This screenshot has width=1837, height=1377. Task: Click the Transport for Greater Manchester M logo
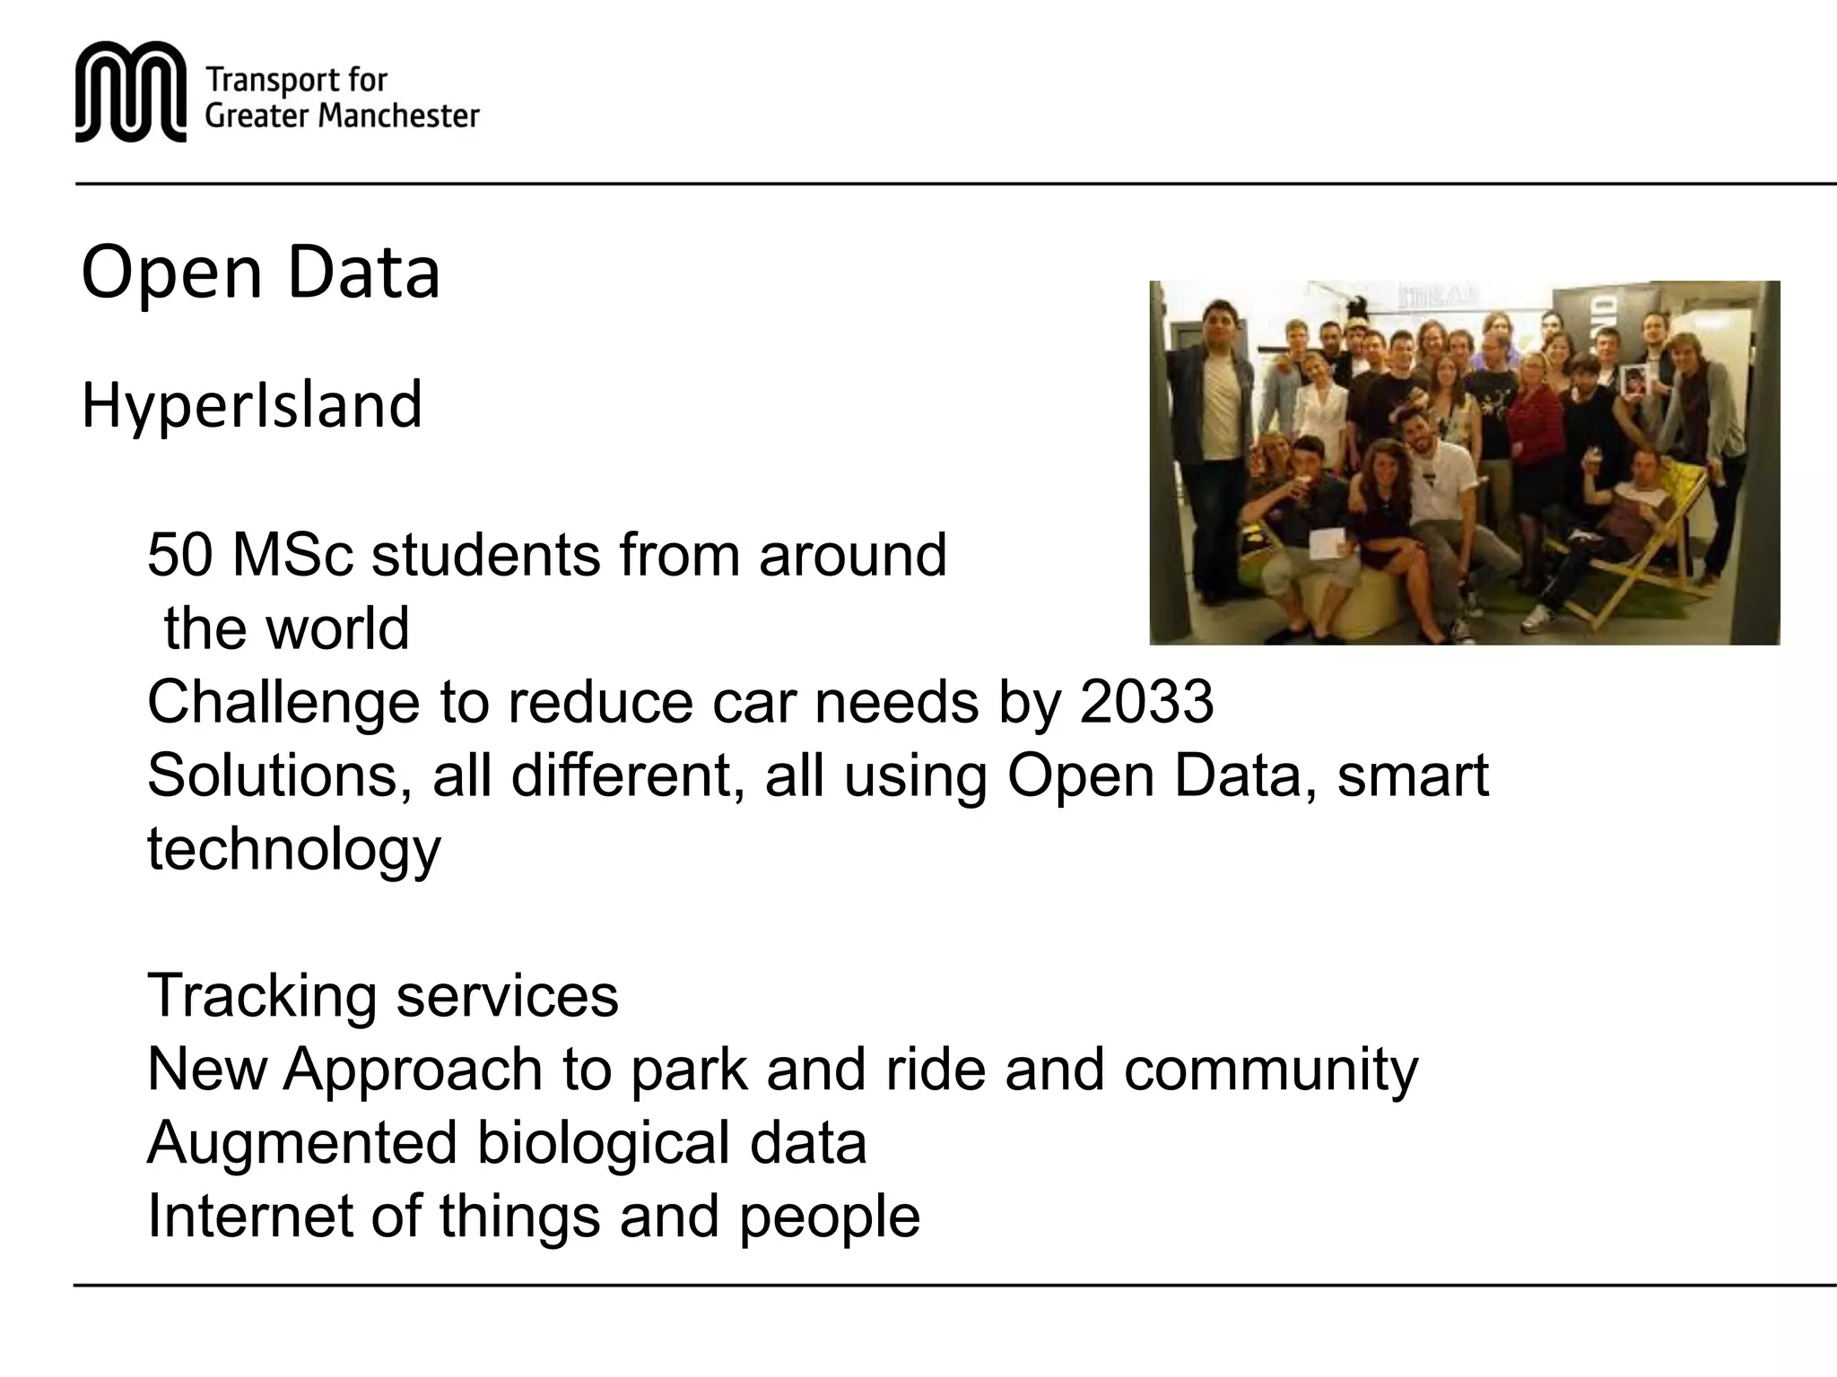point(131,91)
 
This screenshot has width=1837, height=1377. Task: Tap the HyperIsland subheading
point(251,405)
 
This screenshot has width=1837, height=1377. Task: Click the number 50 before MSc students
point(179,555)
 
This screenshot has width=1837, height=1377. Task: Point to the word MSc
point(293,555)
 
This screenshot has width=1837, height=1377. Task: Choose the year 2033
point(1146,702)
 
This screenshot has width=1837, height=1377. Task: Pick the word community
point(1271,1070)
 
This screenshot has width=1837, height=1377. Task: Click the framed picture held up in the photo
point(1634,380)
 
